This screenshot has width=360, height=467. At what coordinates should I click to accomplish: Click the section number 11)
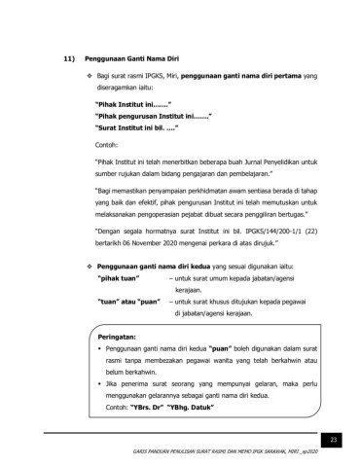tap(55, 57)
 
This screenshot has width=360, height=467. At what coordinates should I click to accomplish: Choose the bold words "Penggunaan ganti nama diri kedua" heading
tap(149, 265)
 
